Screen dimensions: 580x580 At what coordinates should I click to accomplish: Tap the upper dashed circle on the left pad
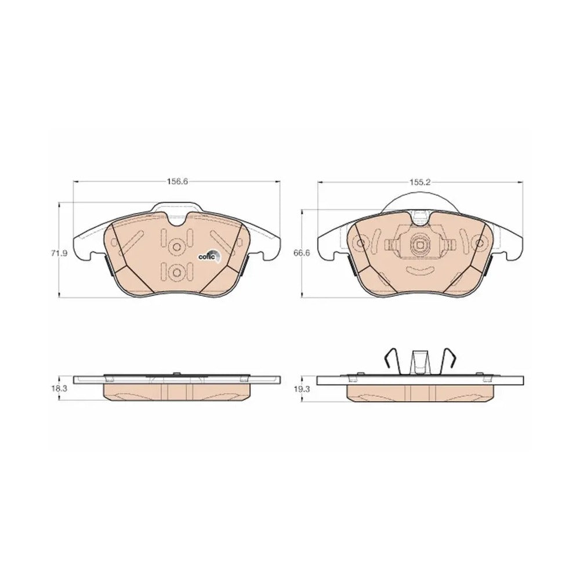176,246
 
